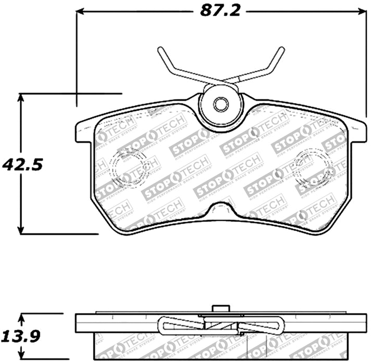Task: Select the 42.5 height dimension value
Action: click(21, 165)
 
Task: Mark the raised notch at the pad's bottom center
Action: click(221, 209)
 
